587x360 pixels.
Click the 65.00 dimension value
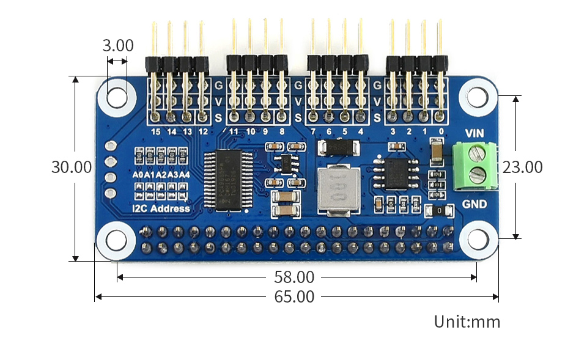coord(294,297)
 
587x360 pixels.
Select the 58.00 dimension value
coord(294,277)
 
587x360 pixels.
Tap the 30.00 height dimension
coord(72,167)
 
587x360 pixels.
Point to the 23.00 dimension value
coord(522,167)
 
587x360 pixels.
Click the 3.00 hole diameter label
coord(117,46)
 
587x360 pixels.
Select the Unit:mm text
coord(467,322)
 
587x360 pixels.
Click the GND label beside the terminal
coord(474,204)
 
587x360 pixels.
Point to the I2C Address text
coord(161,209)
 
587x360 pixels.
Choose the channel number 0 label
coord(441,131)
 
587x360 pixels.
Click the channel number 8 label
coord(281,131)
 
